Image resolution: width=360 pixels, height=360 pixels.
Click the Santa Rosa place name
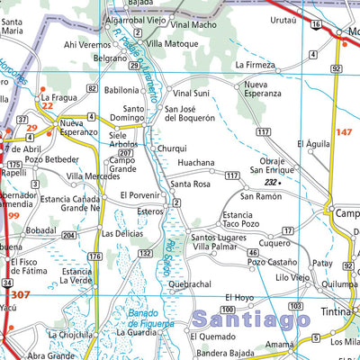point(190,184)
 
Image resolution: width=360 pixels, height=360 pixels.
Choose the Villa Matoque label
point(172,42)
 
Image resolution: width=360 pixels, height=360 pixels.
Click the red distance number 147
point(343,132)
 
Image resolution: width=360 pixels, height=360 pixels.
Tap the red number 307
point(21,295)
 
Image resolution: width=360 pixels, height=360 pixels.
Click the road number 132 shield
point(144,255)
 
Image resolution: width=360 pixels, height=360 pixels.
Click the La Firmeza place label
point(255,65)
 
